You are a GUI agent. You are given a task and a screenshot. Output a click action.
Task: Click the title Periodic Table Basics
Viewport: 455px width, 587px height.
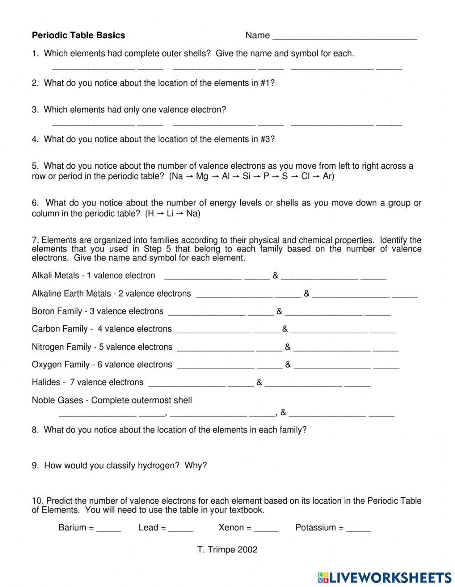pyautogui.click(x=78, y=35)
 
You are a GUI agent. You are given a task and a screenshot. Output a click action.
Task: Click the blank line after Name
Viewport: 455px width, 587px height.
pyautogui.click(x=344, y=36)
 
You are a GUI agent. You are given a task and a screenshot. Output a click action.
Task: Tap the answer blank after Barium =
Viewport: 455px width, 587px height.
pyautogui.click(x=108, y=528)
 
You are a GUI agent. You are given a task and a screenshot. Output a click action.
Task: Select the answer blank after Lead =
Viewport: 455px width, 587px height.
pyautogui.click(x=181, y=528)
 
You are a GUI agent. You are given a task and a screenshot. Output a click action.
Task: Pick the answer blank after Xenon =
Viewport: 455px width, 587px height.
pyautogui.click(x=266, y=528)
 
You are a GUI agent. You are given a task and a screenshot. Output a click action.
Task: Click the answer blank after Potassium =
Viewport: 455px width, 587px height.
pyautogui.click(x=358, y=528)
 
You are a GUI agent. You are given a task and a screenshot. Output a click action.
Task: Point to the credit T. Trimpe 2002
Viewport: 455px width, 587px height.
pyautogui.click(x=227, y=550)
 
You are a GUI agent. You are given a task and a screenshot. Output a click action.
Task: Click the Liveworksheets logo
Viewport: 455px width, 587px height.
pyautogui.click(x=384, y=577)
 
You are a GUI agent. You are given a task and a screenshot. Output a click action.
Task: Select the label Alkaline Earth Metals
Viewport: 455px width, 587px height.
pyautogui.click(x=71, y=294)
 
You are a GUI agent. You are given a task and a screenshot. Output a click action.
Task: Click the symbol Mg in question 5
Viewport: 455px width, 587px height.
pyautogui.click(x=202, y=176)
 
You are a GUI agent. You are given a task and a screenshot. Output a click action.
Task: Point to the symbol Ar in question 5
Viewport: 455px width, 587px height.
pyautogui.click(x=328, y=176)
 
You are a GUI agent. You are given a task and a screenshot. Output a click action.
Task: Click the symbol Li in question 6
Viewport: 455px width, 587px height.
pyautogui.click(x=170, y=214)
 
